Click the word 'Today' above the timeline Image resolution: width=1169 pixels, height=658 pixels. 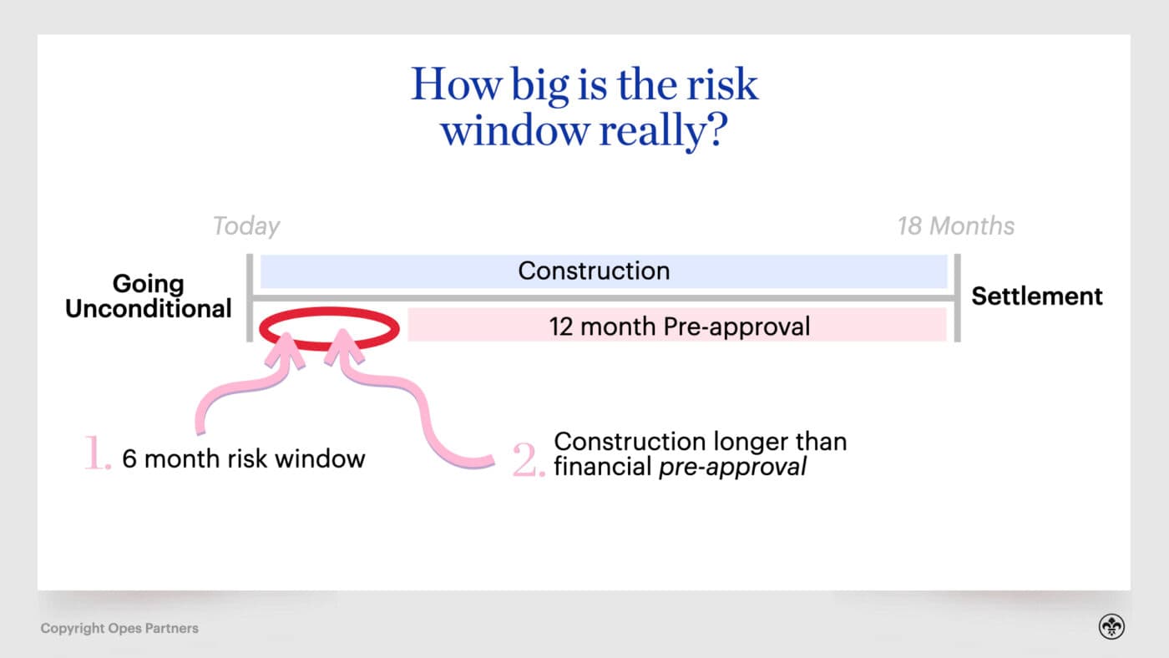(x=246, y=226)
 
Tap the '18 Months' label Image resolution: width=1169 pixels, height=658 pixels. (x=956, y=226)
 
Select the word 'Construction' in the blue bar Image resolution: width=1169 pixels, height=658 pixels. (x=594, y=271)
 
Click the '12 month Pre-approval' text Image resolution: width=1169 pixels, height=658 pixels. (x=680, y=326)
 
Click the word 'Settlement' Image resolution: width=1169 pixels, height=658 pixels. (x=1037, y=296)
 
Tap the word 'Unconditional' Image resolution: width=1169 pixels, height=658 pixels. (x=149, y=308)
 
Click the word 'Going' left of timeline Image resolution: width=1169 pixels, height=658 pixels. (x=149, y=285)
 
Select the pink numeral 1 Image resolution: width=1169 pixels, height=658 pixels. (x=97, y=453)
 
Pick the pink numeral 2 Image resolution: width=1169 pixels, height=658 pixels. (x=529, y=460)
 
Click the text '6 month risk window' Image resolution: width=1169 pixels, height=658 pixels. (x=244, y=459)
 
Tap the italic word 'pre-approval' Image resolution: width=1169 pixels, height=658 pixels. (x=732, y=467)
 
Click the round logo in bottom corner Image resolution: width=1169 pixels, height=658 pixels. (x=1111, y=626)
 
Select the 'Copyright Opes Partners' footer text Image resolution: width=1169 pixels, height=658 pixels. (x=119, y=628)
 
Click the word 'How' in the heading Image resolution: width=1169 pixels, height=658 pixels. (x=456, y=84)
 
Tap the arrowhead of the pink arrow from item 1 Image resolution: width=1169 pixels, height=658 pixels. (x=286, y=349)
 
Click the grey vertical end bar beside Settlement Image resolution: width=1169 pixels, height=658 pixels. (x=957, y=298)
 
